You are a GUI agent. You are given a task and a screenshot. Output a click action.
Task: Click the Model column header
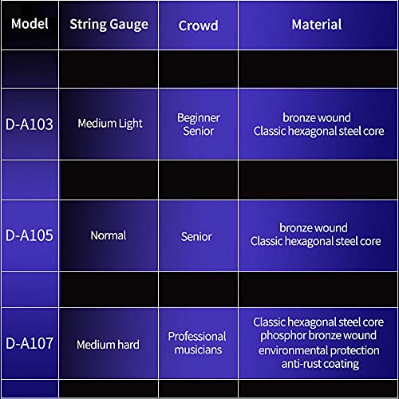30,24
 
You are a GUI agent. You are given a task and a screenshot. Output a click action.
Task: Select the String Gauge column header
109,25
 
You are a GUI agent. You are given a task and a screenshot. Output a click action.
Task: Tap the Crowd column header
199,26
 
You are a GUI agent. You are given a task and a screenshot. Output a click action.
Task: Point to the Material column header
317,25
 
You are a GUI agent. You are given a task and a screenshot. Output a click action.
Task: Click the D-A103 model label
30,124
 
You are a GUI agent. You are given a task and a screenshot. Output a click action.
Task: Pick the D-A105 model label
30,235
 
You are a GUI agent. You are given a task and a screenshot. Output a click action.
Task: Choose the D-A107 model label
30,343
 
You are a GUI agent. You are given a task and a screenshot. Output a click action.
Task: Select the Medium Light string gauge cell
110,124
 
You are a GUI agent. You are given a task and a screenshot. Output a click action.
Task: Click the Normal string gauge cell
109,235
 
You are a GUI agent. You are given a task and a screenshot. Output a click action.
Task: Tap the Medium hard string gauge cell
108,345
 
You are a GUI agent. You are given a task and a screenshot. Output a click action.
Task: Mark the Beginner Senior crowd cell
199,124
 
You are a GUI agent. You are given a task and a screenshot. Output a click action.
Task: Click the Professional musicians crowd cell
197,343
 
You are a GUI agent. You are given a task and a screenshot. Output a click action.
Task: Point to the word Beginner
199,118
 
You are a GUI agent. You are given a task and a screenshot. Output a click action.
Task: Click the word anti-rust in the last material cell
299,364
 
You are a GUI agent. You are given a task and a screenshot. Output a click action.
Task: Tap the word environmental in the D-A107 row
289,350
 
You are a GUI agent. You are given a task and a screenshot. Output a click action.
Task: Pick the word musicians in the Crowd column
198,350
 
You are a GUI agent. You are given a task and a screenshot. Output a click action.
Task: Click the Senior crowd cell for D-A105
196,237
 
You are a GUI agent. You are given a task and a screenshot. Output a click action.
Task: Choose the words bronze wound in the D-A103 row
317,118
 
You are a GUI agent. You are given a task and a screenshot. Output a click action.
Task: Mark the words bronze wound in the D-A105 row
314,228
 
